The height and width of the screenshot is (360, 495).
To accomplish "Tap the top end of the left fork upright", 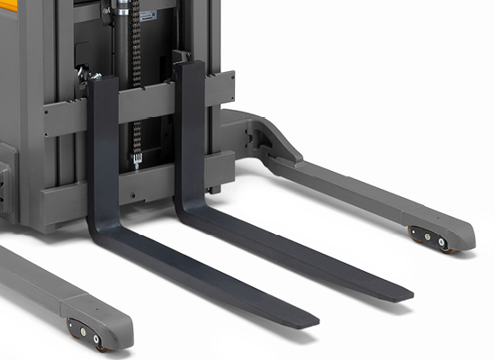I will coord(103,81).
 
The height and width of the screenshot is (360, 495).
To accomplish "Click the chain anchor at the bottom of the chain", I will coord(137,162).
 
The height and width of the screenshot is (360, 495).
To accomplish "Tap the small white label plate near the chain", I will coord(146,15).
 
